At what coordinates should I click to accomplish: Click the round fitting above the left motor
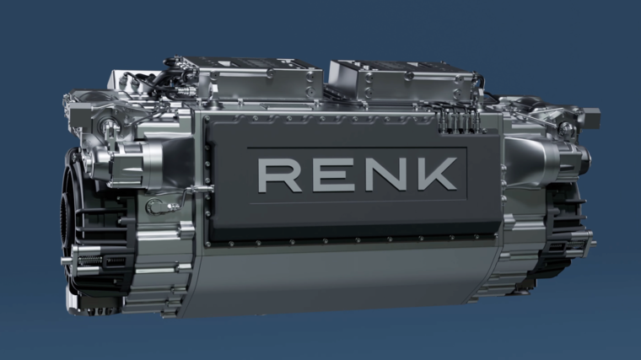tap(110, 126)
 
